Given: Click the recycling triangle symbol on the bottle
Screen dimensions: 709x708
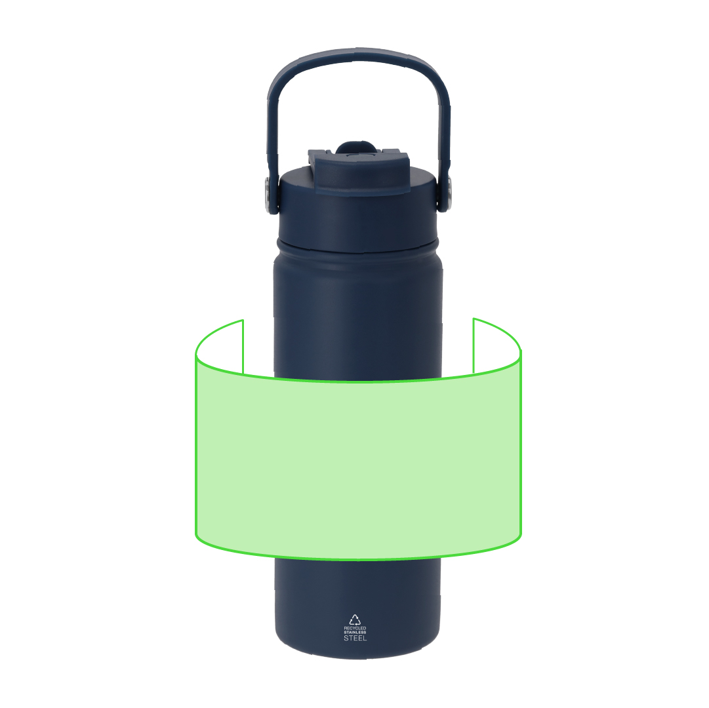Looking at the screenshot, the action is coord(355,619).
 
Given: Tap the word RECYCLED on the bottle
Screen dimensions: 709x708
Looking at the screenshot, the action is coord(355,628).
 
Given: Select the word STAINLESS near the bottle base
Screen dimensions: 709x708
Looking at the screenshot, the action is coord(355,632).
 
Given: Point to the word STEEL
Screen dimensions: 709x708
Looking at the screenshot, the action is coord(355,638).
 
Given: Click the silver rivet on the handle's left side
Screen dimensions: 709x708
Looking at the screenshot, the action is coord(267,195).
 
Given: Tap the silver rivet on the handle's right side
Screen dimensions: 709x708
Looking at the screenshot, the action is coord(449,194).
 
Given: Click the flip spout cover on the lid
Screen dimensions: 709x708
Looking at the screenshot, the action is coord(360,172).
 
